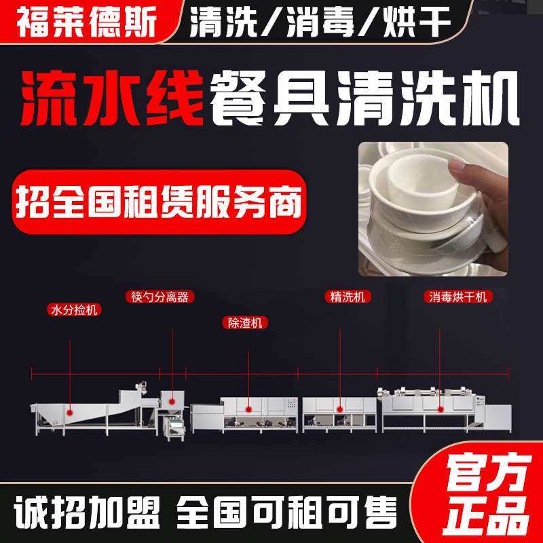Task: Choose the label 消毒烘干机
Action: click(x=457, y=297)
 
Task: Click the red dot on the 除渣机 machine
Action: click(x=249, y=409)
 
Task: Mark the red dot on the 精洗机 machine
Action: click(x=339, y=409)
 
